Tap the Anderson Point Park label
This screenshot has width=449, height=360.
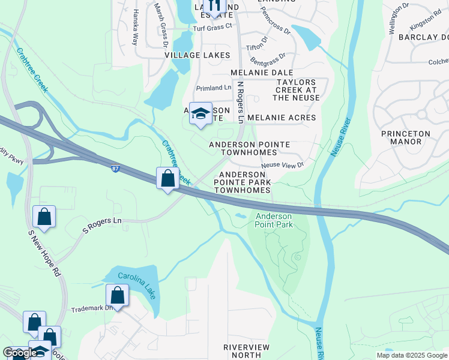[x=274, y=220]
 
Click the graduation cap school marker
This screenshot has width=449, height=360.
[x=201, y=114]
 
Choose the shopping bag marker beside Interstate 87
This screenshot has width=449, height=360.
[x=168, y=178]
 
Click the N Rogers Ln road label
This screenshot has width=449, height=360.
[x=240, y=103]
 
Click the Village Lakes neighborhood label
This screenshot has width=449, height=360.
[x=197, y=55]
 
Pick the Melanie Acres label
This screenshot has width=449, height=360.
[x=281, y=118]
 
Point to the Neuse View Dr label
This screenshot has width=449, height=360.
[x=282, y=164]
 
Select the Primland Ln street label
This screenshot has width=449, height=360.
[x=213, y=88]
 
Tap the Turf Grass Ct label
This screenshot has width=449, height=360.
[x=211, y=28]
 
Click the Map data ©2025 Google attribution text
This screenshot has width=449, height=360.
[x=411, y=355]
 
